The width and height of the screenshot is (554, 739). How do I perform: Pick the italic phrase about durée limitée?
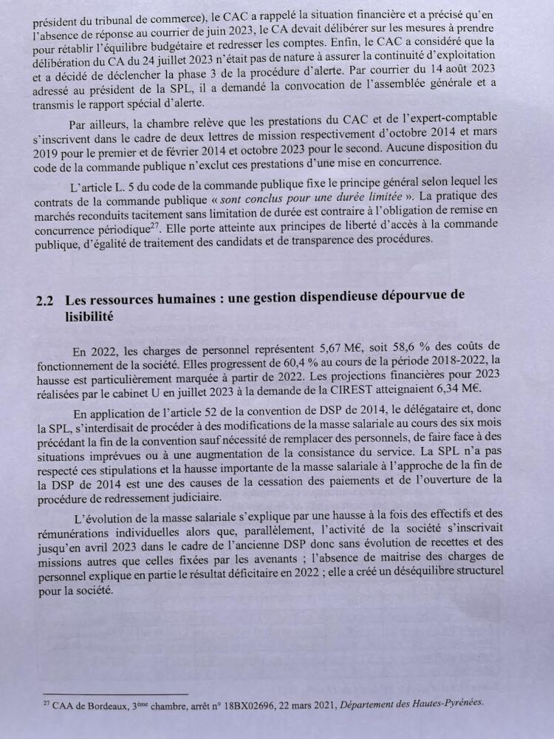359,196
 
